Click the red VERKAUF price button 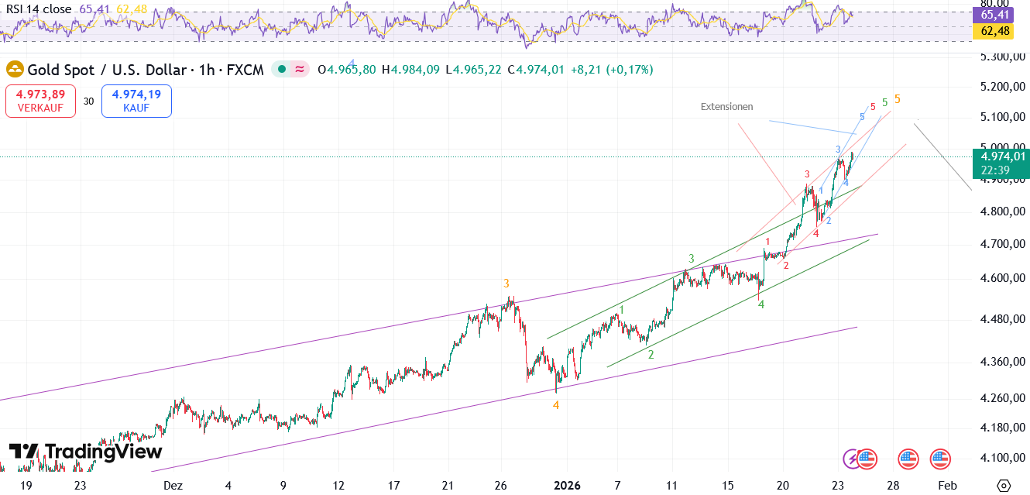tap(40, 101)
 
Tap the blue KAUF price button tap(136, 101)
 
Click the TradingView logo tap(85, 452)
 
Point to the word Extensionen tap(726, 107)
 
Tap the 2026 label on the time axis tap(567, 486)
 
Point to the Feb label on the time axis tap(946, 486)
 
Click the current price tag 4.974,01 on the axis tap(1002, 156)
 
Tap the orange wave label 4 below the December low tap(556, 405)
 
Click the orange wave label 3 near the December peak tap(506, 284)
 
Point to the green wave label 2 tap(651, 355)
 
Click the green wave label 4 tap(761, 305)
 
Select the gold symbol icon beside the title tap(15, 70)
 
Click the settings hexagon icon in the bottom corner tap(1004, 486)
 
